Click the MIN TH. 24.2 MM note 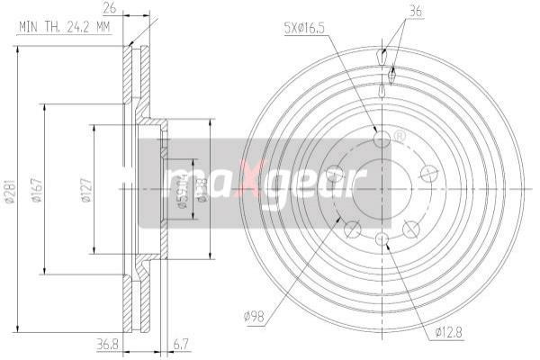[x=64, y=26]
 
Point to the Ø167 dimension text [x=35, y=193]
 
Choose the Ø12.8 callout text [x=447, y=332]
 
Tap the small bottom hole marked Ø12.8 [x=382, y=238]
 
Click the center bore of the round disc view [x=382, y=188]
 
